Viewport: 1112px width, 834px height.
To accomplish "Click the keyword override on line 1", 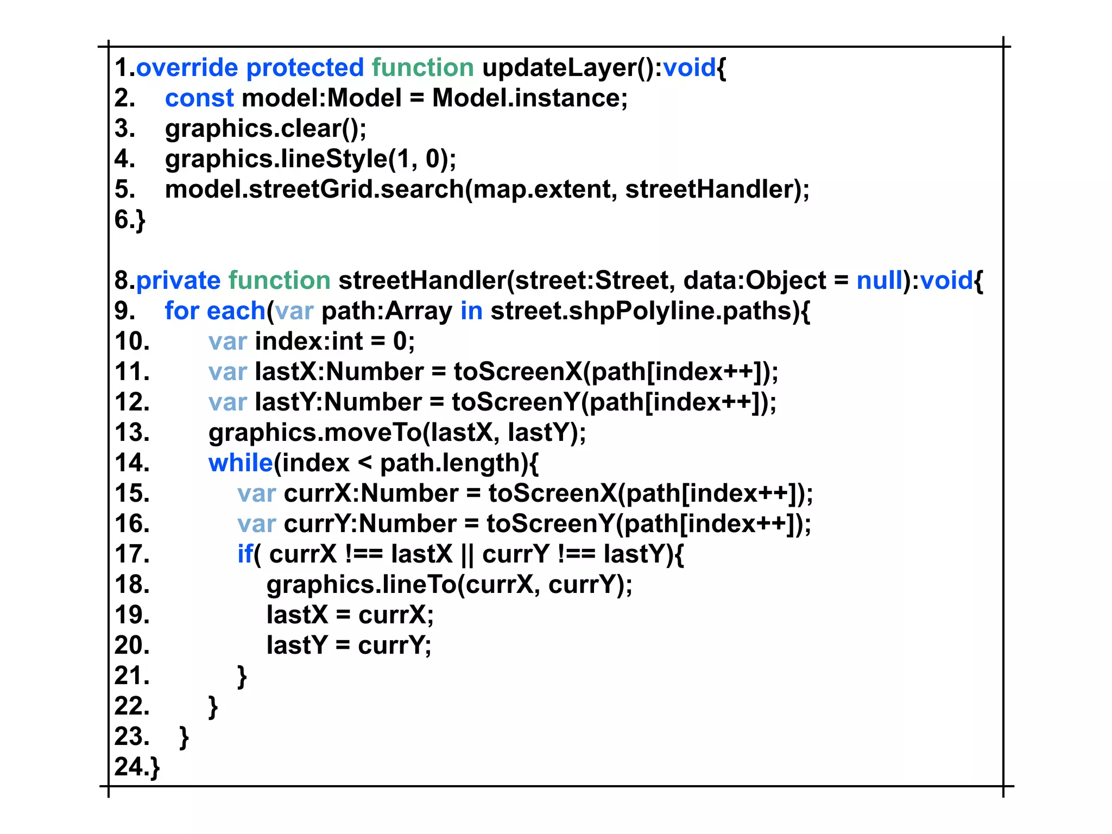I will click(187, 68).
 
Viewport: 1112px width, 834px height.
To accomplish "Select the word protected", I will click(305, 68).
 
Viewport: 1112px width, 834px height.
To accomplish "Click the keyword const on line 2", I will click(199, 98).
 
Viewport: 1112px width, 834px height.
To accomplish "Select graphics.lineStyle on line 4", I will click(276, 159).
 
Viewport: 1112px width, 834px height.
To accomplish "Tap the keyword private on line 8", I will click(178, 281).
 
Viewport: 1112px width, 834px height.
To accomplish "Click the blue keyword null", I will click(879, 281).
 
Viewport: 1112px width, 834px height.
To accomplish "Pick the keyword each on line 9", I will click(236, 311).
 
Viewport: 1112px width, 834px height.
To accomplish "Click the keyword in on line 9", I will click(471, 311).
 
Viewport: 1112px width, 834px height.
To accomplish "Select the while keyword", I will click(241, 463).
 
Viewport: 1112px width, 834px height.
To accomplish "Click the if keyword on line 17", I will click(244, 554).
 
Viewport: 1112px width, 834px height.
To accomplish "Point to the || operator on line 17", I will click(467, 554).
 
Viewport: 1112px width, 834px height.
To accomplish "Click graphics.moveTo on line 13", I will click(315, 433).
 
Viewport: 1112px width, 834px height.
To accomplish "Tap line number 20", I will click(131, 646).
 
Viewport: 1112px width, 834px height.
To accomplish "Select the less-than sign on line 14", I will click(365, 463).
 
